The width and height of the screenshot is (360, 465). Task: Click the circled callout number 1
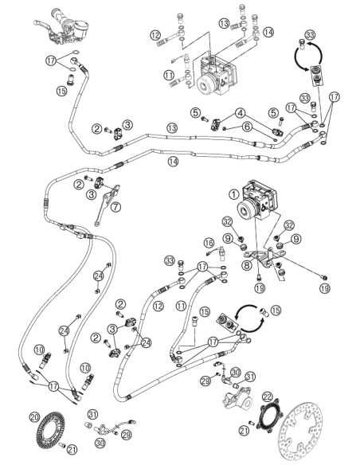point(234,194)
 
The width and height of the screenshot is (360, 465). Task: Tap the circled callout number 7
point(115,206)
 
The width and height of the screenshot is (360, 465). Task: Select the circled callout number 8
point(247,265)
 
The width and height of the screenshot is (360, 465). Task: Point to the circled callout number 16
point(209,243)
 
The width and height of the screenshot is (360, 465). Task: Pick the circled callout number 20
point(35,417)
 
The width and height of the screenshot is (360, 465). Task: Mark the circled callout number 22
point(267,397)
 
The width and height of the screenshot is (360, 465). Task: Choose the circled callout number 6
point(248,127)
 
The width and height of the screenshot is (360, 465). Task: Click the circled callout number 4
point(241,113)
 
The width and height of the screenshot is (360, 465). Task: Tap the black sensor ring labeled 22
point(270,416)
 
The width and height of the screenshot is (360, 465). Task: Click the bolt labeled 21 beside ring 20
point(61,445)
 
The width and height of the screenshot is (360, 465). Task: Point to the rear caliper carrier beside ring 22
point(237,397)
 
